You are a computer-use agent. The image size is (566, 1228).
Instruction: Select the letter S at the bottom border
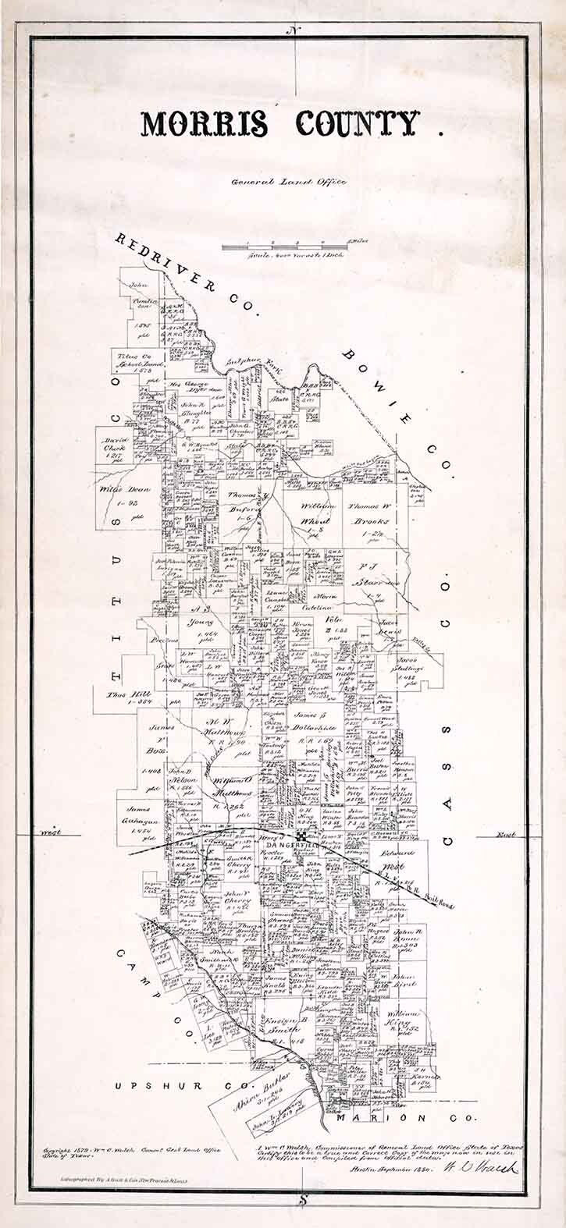click(x=302, y=1200)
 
